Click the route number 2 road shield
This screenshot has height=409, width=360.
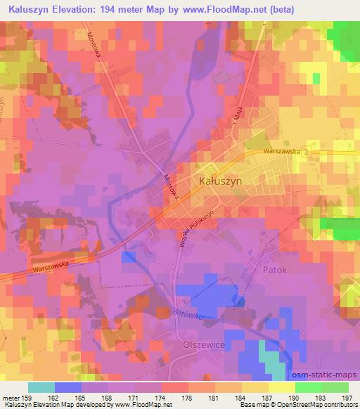click(x=305, y=152)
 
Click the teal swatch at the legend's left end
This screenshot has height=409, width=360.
click(x=41, y=387)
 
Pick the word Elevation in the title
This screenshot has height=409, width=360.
click(x=86, y=9)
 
